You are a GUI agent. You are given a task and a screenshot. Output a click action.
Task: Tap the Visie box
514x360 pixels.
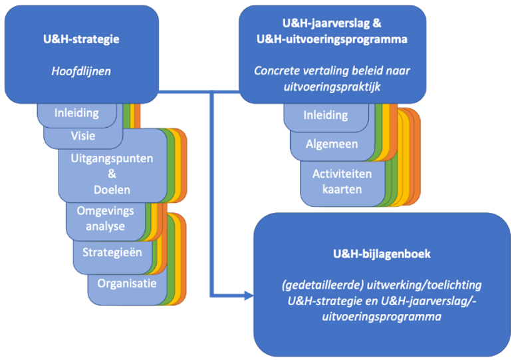[x=83, y=136]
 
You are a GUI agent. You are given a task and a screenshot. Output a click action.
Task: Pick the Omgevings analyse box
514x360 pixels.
[x=105, y=218]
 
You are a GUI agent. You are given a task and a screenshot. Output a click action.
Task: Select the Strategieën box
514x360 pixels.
[x=112, y=253]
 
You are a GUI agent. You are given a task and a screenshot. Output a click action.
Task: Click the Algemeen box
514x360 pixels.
[x=332, y=144]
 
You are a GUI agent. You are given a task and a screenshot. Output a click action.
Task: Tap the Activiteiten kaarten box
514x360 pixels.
[x=342, y=181]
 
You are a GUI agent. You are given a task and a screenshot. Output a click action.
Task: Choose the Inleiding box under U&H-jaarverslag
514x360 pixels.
[x=326, y=115]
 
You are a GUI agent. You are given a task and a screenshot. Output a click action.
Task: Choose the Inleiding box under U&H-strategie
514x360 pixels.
[x=76, y=113]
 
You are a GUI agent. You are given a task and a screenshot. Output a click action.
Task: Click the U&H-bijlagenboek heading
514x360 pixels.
[x=382, y=254]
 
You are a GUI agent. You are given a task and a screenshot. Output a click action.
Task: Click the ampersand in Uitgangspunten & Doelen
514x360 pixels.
[x=112, y=174]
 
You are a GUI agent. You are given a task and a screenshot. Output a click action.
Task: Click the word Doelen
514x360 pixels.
[x=112, y=190]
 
